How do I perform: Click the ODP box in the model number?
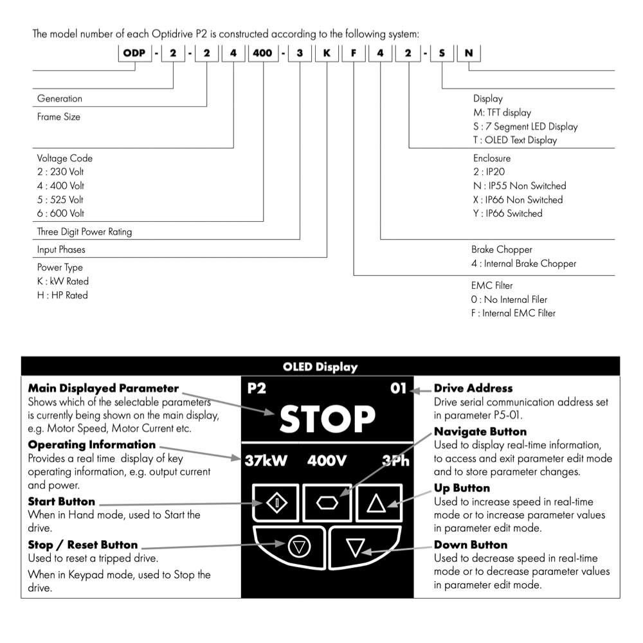134,53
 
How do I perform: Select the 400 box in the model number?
262,53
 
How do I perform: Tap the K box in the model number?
327,53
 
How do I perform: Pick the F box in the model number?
354,53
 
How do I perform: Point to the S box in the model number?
442,53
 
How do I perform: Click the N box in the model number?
468,53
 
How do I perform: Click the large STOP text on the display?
327,419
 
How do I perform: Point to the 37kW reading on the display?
266,461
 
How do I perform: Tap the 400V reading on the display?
327,461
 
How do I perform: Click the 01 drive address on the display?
399,388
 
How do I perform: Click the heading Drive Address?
473,388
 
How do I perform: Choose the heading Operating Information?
92,445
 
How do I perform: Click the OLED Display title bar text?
320,367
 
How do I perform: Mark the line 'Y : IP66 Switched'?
507,213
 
